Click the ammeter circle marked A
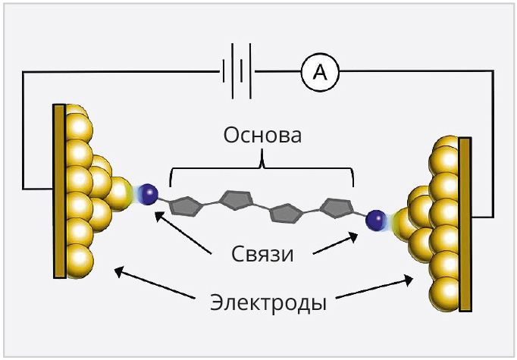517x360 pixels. pyautogui.click(x=320, y=72)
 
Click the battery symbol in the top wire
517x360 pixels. pyautogui.click(x=236, y=72)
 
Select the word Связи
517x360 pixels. pyautogui.click(x=262, y=253)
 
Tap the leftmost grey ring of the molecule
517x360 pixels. pyautogui.click(x=184, y=205)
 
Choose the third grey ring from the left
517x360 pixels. pyautogui.click(x=285, y=214)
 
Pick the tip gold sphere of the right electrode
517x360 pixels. pyautogui.click(x=404, y=224)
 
